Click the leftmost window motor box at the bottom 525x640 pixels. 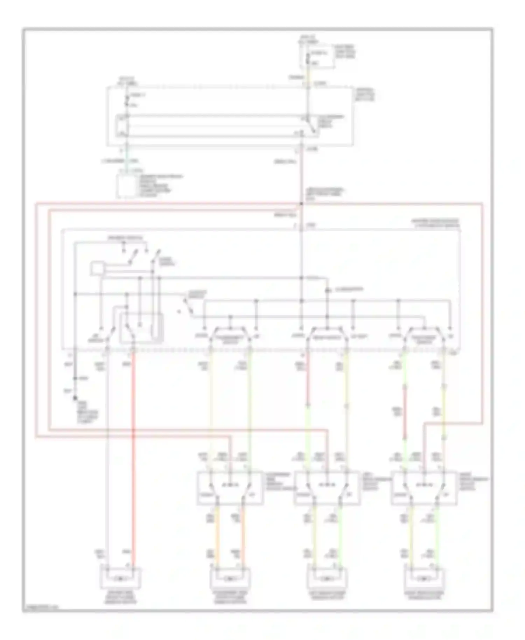coord(121,578)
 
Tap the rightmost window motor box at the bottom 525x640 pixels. coord(425,578)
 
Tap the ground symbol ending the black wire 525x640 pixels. coord(75,398)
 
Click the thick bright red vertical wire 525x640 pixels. coord(133,455)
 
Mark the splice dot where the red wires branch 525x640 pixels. coord(301,203)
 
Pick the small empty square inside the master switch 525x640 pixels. coord(97,269)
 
